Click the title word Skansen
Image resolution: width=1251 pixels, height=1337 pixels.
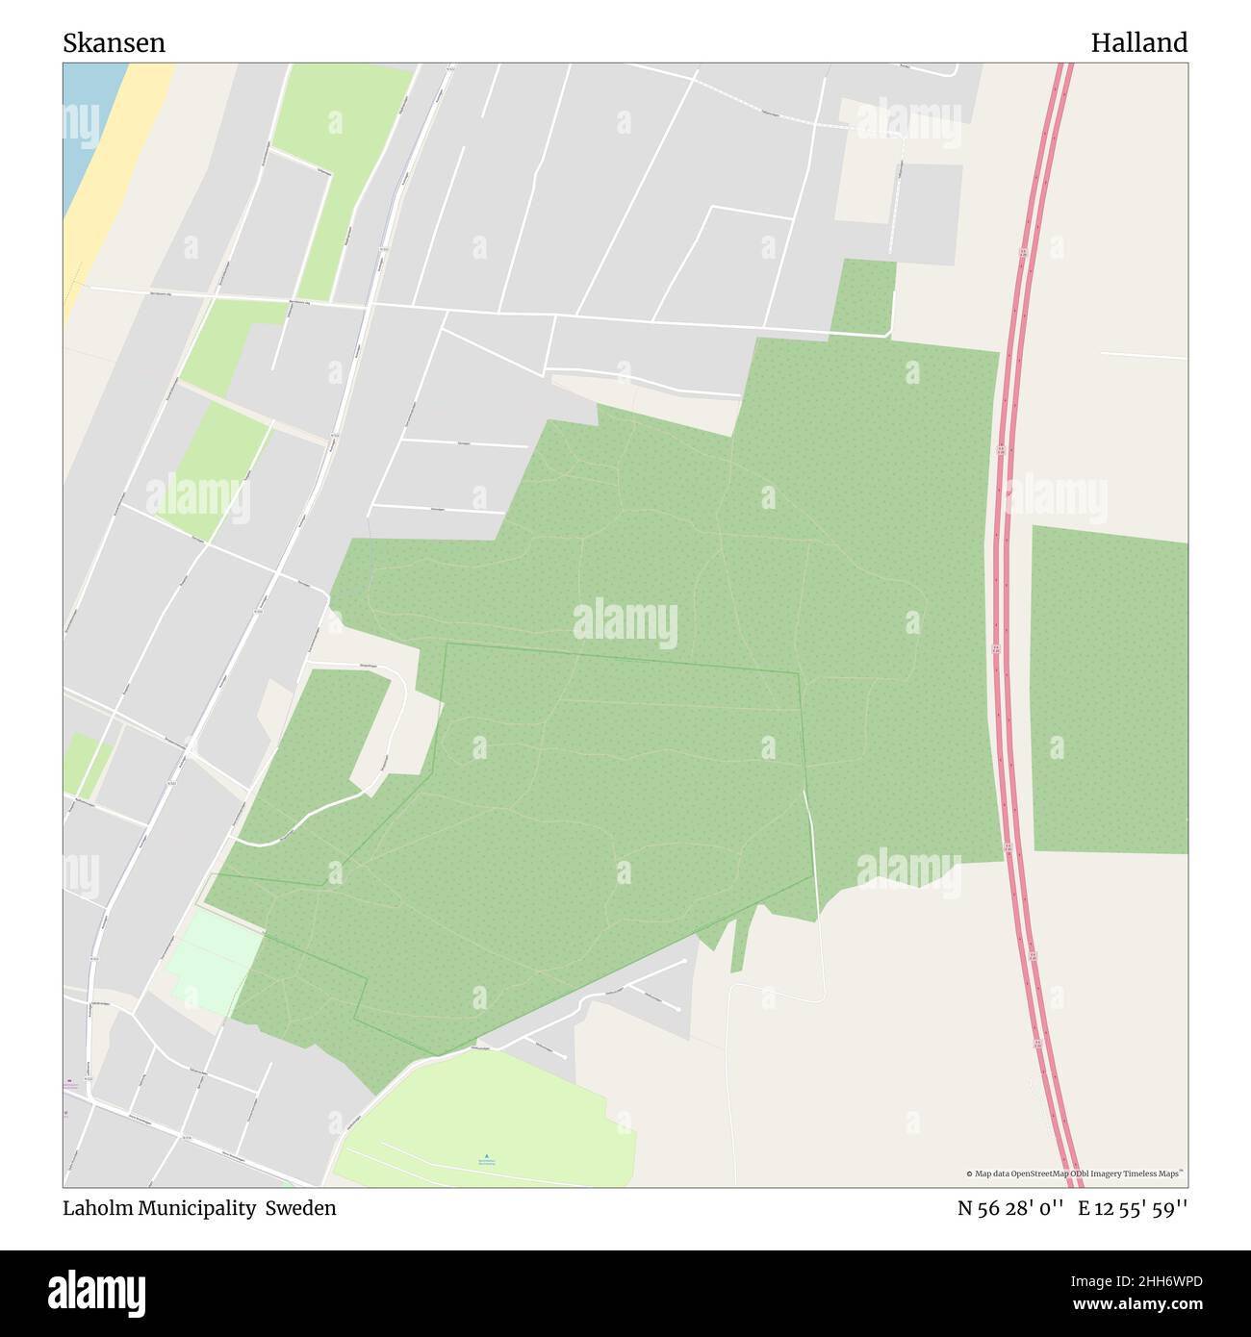[x=114, y=43]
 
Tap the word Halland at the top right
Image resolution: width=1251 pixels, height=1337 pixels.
[x=1138, y=43]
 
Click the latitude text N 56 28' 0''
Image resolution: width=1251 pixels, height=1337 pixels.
[x=1009, y=1208]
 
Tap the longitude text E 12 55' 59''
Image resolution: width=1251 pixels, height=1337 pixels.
[x=1133, y=1208]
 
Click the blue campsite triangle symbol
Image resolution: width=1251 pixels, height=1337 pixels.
[x=487, y=1155]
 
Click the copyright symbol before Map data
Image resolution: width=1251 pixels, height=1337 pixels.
[x=970, y=1173]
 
